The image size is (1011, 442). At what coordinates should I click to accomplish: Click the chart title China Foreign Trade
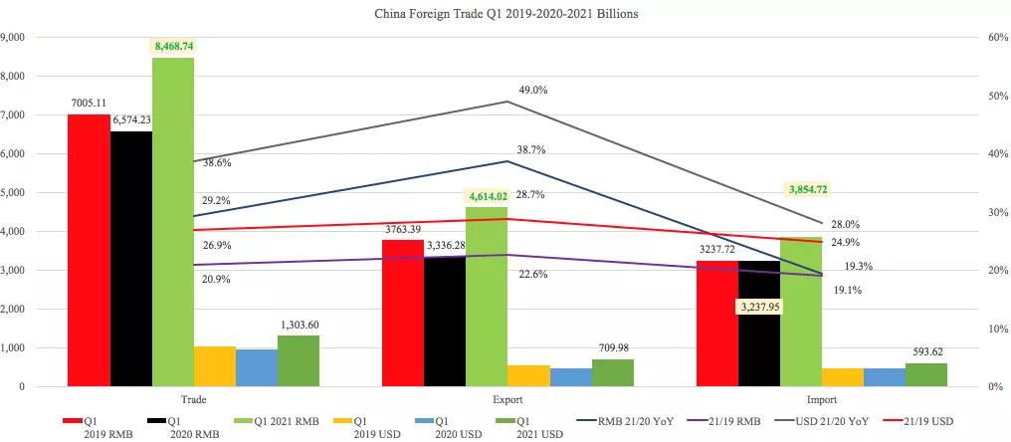[x=505, y=14]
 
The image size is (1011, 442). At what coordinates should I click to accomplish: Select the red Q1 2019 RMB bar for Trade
[x=89, y=249]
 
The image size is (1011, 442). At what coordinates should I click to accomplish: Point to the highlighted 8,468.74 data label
[x=173, y=46]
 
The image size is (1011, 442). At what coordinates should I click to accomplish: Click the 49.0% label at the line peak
[x=532, y=90]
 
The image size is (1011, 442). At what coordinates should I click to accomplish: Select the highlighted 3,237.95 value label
[x=759, y=308]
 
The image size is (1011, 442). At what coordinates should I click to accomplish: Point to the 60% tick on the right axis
[x=994, y=37]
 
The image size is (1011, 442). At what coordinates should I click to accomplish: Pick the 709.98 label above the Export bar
[x=612, y=348]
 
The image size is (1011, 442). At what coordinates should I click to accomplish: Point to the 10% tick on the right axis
[x=994, y=329]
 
